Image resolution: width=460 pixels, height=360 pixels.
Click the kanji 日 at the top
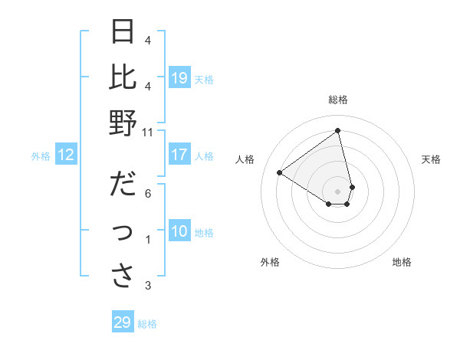[123, 33]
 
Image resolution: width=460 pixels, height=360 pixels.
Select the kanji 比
[123, 77]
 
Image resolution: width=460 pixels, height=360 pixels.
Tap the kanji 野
[123, 122]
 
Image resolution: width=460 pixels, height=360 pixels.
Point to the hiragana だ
[123, 185]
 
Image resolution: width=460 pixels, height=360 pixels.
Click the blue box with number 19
[179, 77]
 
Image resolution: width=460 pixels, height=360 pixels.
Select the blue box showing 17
[179, 155]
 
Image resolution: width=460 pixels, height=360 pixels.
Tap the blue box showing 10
[179, 231]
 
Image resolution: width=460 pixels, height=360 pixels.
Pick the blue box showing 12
[66, 155]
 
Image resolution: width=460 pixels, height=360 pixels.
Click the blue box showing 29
[123, 322]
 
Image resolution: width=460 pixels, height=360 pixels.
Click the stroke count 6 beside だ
[147, 193]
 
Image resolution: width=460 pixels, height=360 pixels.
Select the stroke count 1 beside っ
[147, 240]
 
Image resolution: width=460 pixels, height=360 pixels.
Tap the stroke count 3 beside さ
[147, 286]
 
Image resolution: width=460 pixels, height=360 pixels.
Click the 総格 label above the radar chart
[338, 100]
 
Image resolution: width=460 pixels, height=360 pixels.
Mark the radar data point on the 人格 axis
[279, 172]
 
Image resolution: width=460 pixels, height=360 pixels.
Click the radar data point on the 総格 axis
[338, 131]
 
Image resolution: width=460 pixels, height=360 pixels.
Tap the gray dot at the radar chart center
[338, 190]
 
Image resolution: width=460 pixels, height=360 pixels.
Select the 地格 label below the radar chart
[402, 262]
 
